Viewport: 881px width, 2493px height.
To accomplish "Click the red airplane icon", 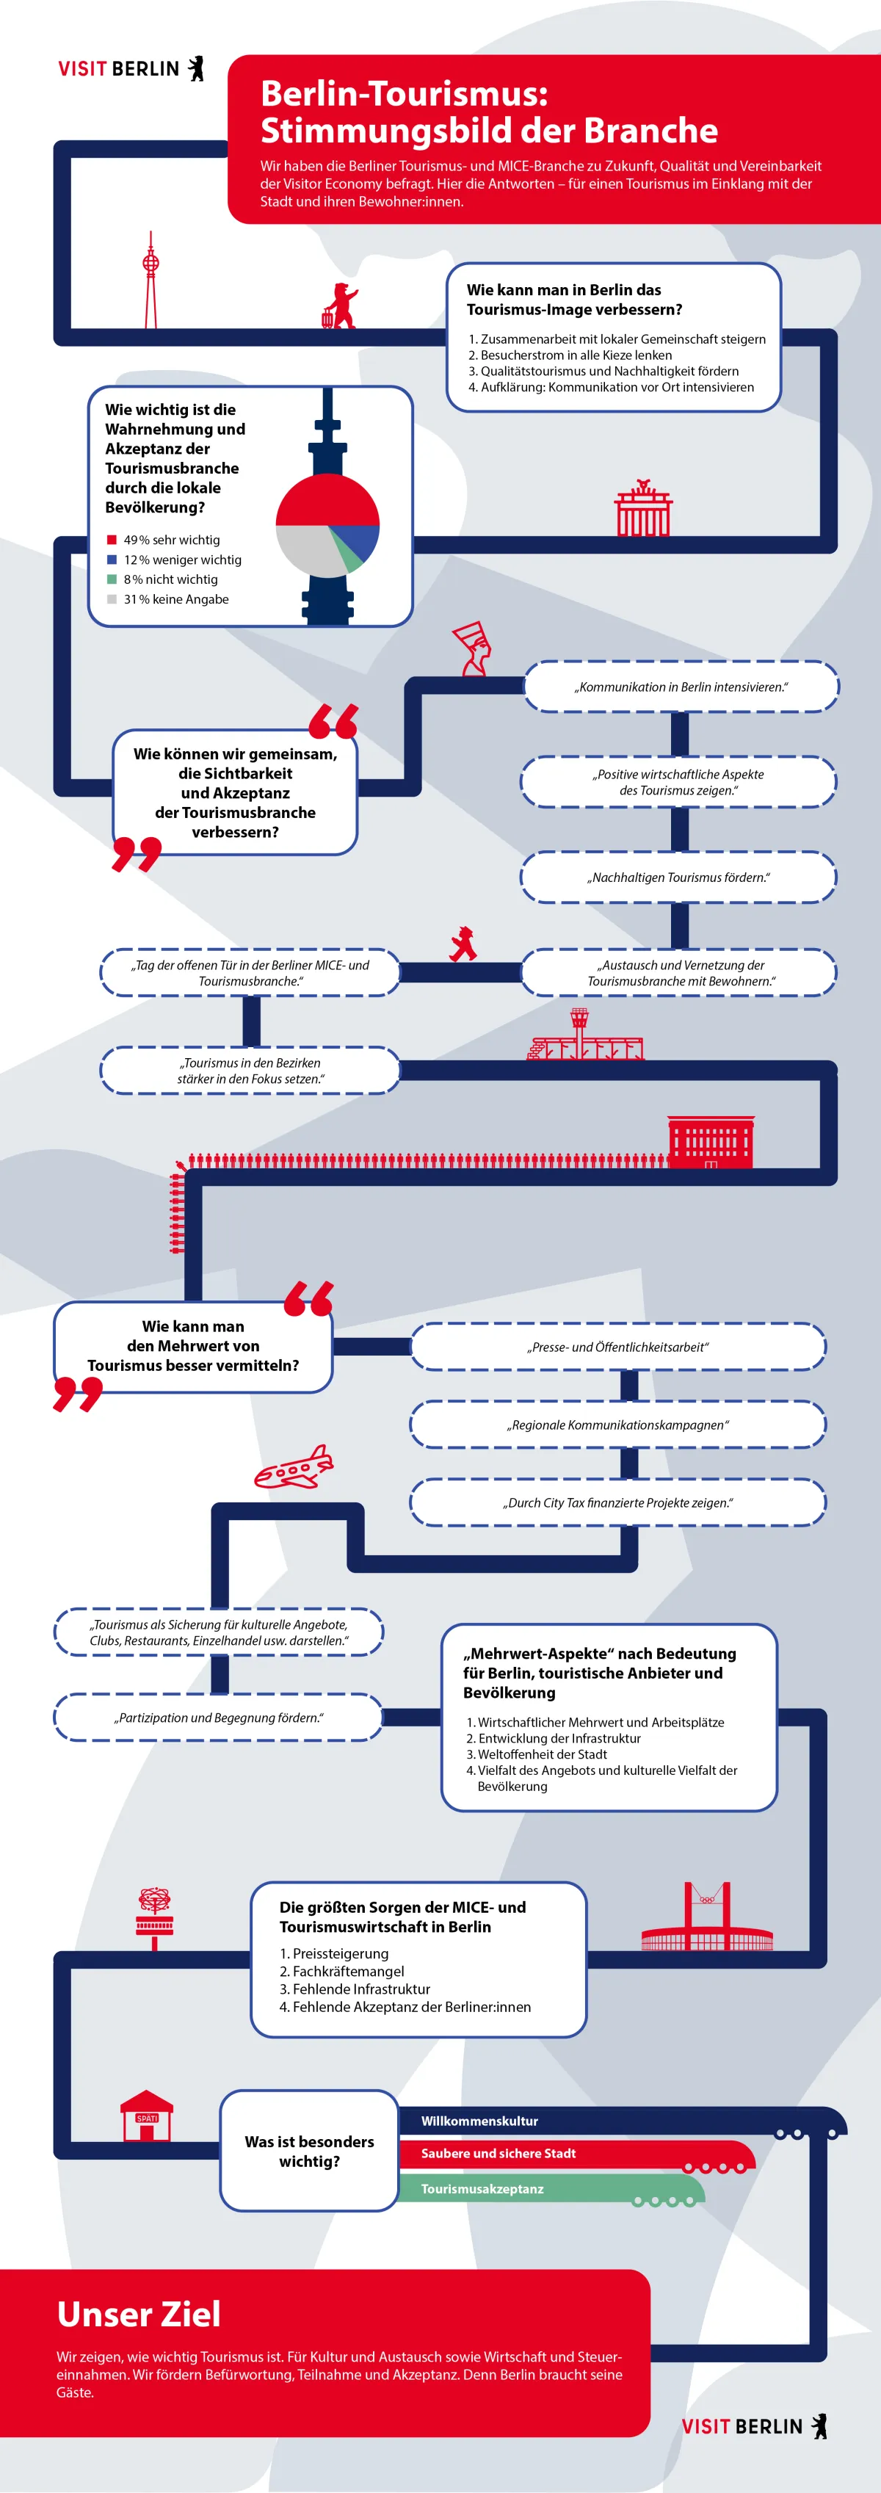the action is click(293, 1468).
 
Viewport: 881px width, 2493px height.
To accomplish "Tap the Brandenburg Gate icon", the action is click(643, 508).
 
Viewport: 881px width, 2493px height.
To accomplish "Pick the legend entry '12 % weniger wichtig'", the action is click(174, 560).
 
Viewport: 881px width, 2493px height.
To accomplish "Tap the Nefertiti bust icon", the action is click(472, 648).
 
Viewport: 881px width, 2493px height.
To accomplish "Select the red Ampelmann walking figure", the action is click(463, 944).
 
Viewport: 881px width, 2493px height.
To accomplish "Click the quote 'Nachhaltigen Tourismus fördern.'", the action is click(678, 878).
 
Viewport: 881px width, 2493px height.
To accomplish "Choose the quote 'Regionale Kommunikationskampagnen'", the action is click(618, 1425).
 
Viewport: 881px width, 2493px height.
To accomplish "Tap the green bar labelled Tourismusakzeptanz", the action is click(551, 2189).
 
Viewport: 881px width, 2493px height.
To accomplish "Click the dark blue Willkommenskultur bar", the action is click(619, 2121).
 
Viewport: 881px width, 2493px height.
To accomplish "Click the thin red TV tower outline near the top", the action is click(151, 280).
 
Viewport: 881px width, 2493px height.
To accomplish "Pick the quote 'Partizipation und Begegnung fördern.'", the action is click(219, 1718).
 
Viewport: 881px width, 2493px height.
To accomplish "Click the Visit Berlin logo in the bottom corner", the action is click(754, 2426).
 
